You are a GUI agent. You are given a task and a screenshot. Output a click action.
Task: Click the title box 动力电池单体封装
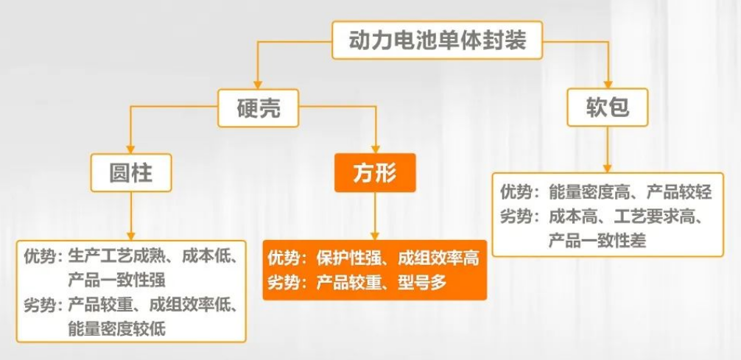437,40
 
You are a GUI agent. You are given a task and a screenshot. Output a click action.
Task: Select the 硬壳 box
258,108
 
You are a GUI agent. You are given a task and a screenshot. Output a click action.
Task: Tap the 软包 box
607,107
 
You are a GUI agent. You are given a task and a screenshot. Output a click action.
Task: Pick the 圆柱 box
131,173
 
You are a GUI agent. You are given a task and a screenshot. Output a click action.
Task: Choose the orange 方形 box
375,173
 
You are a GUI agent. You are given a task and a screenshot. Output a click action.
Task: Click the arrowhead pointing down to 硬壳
258,85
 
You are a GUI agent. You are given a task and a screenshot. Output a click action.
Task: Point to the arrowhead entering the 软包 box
608,84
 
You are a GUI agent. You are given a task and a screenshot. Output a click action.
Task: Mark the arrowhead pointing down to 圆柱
130,149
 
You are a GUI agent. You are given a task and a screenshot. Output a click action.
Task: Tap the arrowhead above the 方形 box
376,149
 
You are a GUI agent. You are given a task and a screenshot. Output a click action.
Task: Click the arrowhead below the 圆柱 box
131,236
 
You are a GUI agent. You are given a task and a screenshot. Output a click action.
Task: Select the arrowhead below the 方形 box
375,236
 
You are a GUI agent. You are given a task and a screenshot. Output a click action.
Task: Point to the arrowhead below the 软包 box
608,169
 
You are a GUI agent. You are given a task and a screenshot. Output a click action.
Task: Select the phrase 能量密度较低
116,328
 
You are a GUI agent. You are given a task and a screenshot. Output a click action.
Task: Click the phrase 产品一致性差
597,241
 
